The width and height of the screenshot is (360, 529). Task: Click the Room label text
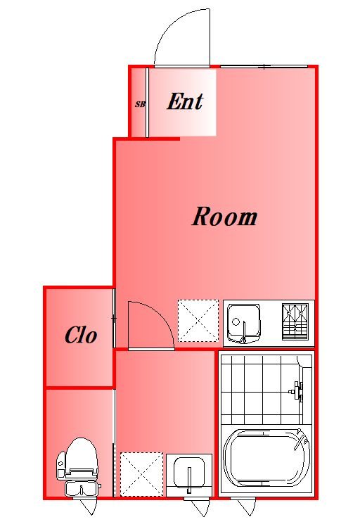(224, 217)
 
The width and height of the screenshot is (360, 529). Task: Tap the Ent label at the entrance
(185, 101)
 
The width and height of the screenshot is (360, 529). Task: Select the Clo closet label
(81, 335)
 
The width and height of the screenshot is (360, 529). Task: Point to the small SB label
(140, 104)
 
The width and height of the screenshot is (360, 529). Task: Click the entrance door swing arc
(175, 27)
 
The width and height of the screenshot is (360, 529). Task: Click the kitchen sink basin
(244, 323)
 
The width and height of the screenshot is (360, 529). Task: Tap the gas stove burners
(295, 321)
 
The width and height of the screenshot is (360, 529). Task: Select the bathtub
(266, 457)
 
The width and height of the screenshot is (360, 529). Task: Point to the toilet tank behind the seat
(82, 488)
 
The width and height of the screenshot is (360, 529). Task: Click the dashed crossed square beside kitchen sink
(198, 321)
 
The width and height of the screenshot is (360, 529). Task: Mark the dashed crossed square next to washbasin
(141, 474)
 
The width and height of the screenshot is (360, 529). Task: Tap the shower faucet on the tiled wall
(296, 391)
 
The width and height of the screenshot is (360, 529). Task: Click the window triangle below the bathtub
(246, 506)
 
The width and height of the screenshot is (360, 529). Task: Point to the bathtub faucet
(301, 438)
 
